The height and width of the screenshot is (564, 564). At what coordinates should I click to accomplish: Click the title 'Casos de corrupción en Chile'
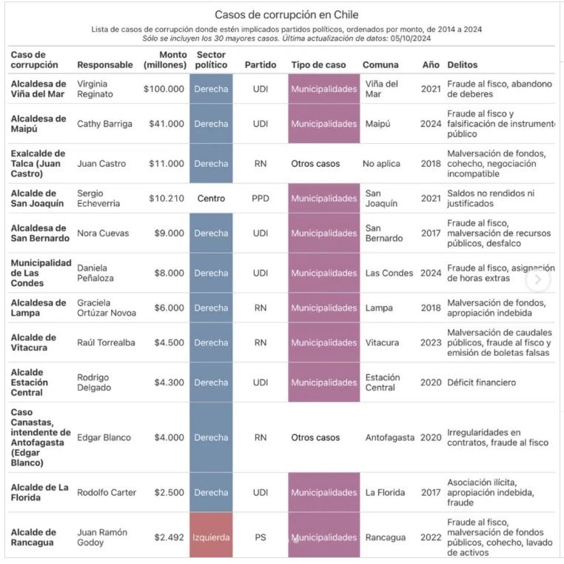pyautogui.click(x=282, y=15)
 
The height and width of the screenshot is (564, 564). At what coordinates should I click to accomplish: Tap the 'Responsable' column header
pyautogui.click(x=105, y=65)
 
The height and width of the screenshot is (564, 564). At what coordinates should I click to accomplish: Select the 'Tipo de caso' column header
pyautogui.click(x=318, y=65)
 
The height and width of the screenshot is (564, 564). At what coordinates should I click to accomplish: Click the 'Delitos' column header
pyautogui.click(x=462, y=65)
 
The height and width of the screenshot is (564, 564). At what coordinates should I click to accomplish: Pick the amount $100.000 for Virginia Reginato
pyautogui.click(x=164, y=89)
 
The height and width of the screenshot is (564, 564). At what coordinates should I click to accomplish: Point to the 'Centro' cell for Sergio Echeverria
pyautogui.click(x=211, y=199)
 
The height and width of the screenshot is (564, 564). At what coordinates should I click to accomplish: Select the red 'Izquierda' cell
pyautogui.click(x=211, y=537)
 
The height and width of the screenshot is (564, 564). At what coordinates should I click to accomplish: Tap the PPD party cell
pyautogui.click(x=261, y=199)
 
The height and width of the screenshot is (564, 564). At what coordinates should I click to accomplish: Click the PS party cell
pyautogui.click(x=261, y=537)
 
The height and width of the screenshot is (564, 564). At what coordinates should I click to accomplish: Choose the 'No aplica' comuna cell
pyautogui.click(x=381, y=164)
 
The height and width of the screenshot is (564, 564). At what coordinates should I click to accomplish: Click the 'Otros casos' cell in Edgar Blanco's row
pyautogui.click(x=315, y=437)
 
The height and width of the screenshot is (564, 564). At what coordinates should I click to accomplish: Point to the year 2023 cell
pyautogui.click(x=431, y=342)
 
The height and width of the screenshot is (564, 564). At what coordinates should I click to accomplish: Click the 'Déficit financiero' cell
pyautogui.click(x=481, y=382)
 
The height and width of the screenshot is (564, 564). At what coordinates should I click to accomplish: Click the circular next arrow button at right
pyautogui.click(x=538, y=279)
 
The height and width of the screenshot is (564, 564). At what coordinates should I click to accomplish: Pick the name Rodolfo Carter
pyautogui.click(x=107, y=493)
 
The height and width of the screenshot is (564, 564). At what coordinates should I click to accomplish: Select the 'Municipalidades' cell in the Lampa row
pyautogui.click(x=323, y=308)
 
